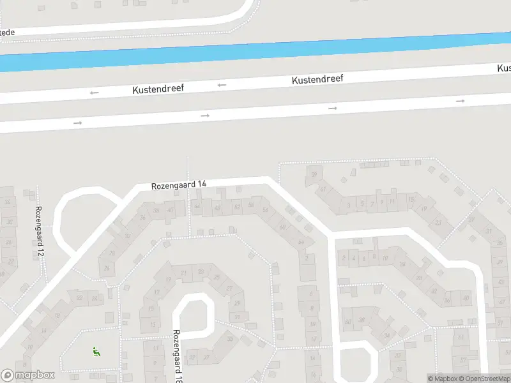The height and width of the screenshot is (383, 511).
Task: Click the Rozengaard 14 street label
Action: pyautogui.click(x=179, y=185)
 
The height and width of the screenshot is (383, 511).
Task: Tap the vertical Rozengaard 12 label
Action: pyautogui.click(x=39, y=231)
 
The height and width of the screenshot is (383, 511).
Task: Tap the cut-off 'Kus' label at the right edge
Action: pyautogui.click(x=504, y=68)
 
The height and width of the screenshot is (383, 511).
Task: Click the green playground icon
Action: pyautogui.click(x=96, y=350)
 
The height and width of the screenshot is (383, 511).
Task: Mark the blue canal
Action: pyautogui.click(x=256, y=51)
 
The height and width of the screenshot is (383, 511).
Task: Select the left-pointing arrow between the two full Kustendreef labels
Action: pyautogui.click(x=222, y=85)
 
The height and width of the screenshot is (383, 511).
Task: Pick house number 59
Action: pyautogui.click(x=314, y=174)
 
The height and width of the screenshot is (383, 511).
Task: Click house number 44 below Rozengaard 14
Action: pyautogui.click(x=197, y=206)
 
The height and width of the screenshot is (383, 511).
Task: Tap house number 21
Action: pyautogui.click(x=184, y=273)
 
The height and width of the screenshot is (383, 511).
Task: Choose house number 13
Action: pyautogui.click(x=153, y=324)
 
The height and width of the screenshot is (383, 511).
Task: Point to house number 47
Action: pyautogui.click(x=323, y=189)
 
